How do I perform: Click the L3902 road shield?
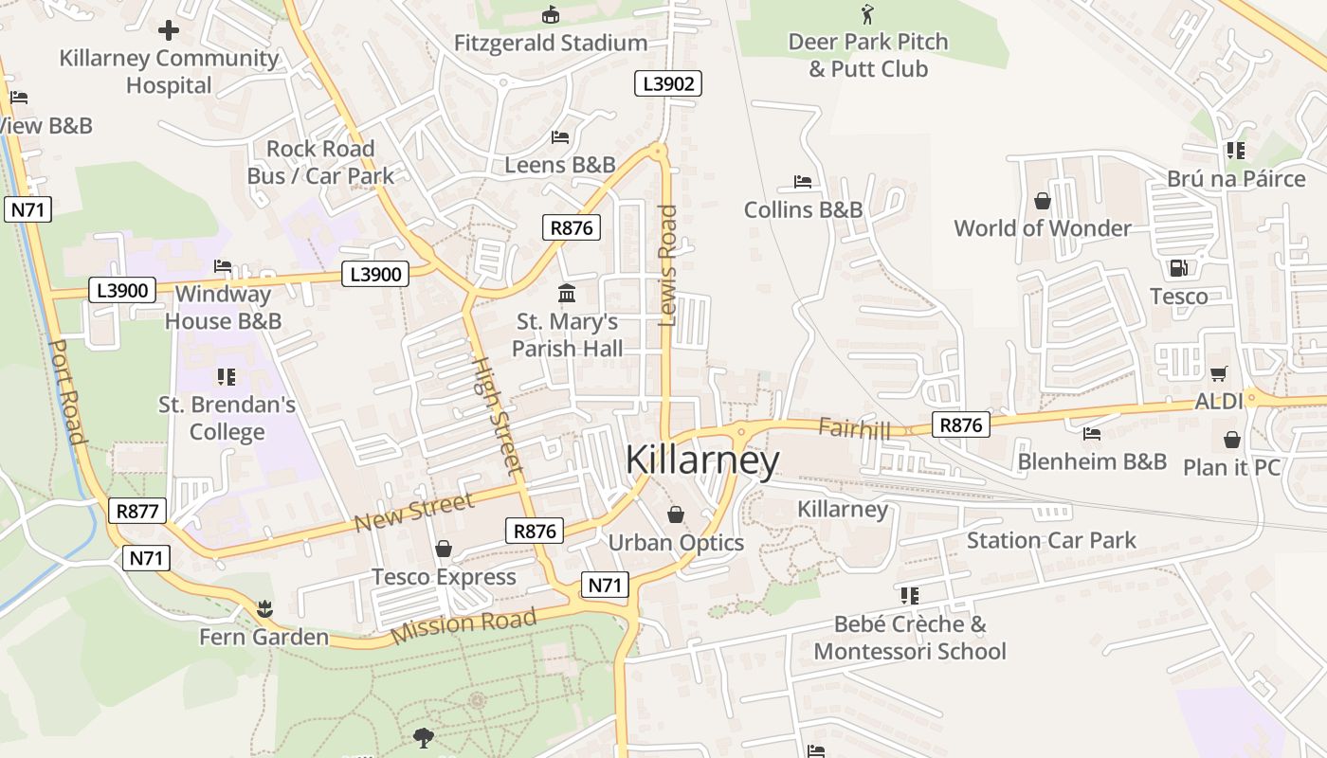point(668,83)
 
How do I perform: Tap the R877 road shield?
point(136,511)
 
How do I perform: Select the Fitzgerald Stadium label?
point(551,43)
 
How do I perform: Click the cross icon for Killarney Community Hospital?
point(169,30)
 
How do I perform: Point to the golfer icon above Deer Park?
point(866,14)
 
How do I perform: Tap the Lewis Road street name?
point(667,265)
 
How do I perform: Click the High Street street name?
point(497,415)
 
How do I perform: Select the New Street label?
point(413,513)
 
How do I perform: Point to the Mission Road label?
point(464,625)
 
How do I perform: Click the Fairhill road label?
point(854,428)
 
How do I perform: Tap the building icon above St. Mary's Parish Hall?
point(567,294)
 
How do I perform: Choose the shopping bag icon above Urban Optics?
point(676,514)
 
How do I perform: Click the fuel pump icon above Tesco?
point(1178,268)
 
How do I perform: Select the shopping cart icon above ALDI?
point(1218,373)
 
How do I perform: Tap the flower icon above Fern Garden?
point(264,607)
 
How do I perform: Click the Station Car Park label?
point(1051,540)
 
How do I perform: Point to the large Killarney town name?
point(702,460)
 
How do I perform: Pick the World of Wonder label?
point(1043,228)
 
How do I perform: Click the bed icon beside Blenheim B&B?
point(1092,434)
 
